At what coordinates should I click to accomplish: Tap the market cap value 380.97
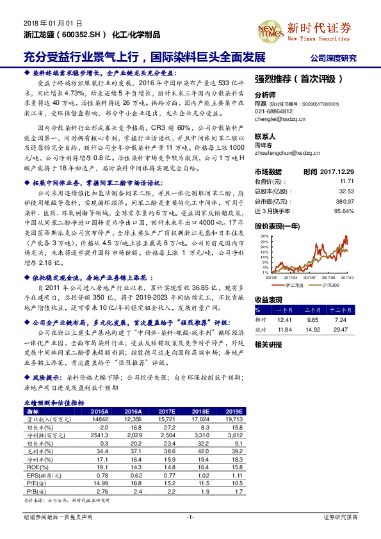coord(346,201)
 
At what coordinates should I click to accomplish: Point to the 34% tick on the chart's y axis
coord(263,236)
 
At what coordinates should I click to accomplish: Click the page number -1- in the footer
coord(190,516)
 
